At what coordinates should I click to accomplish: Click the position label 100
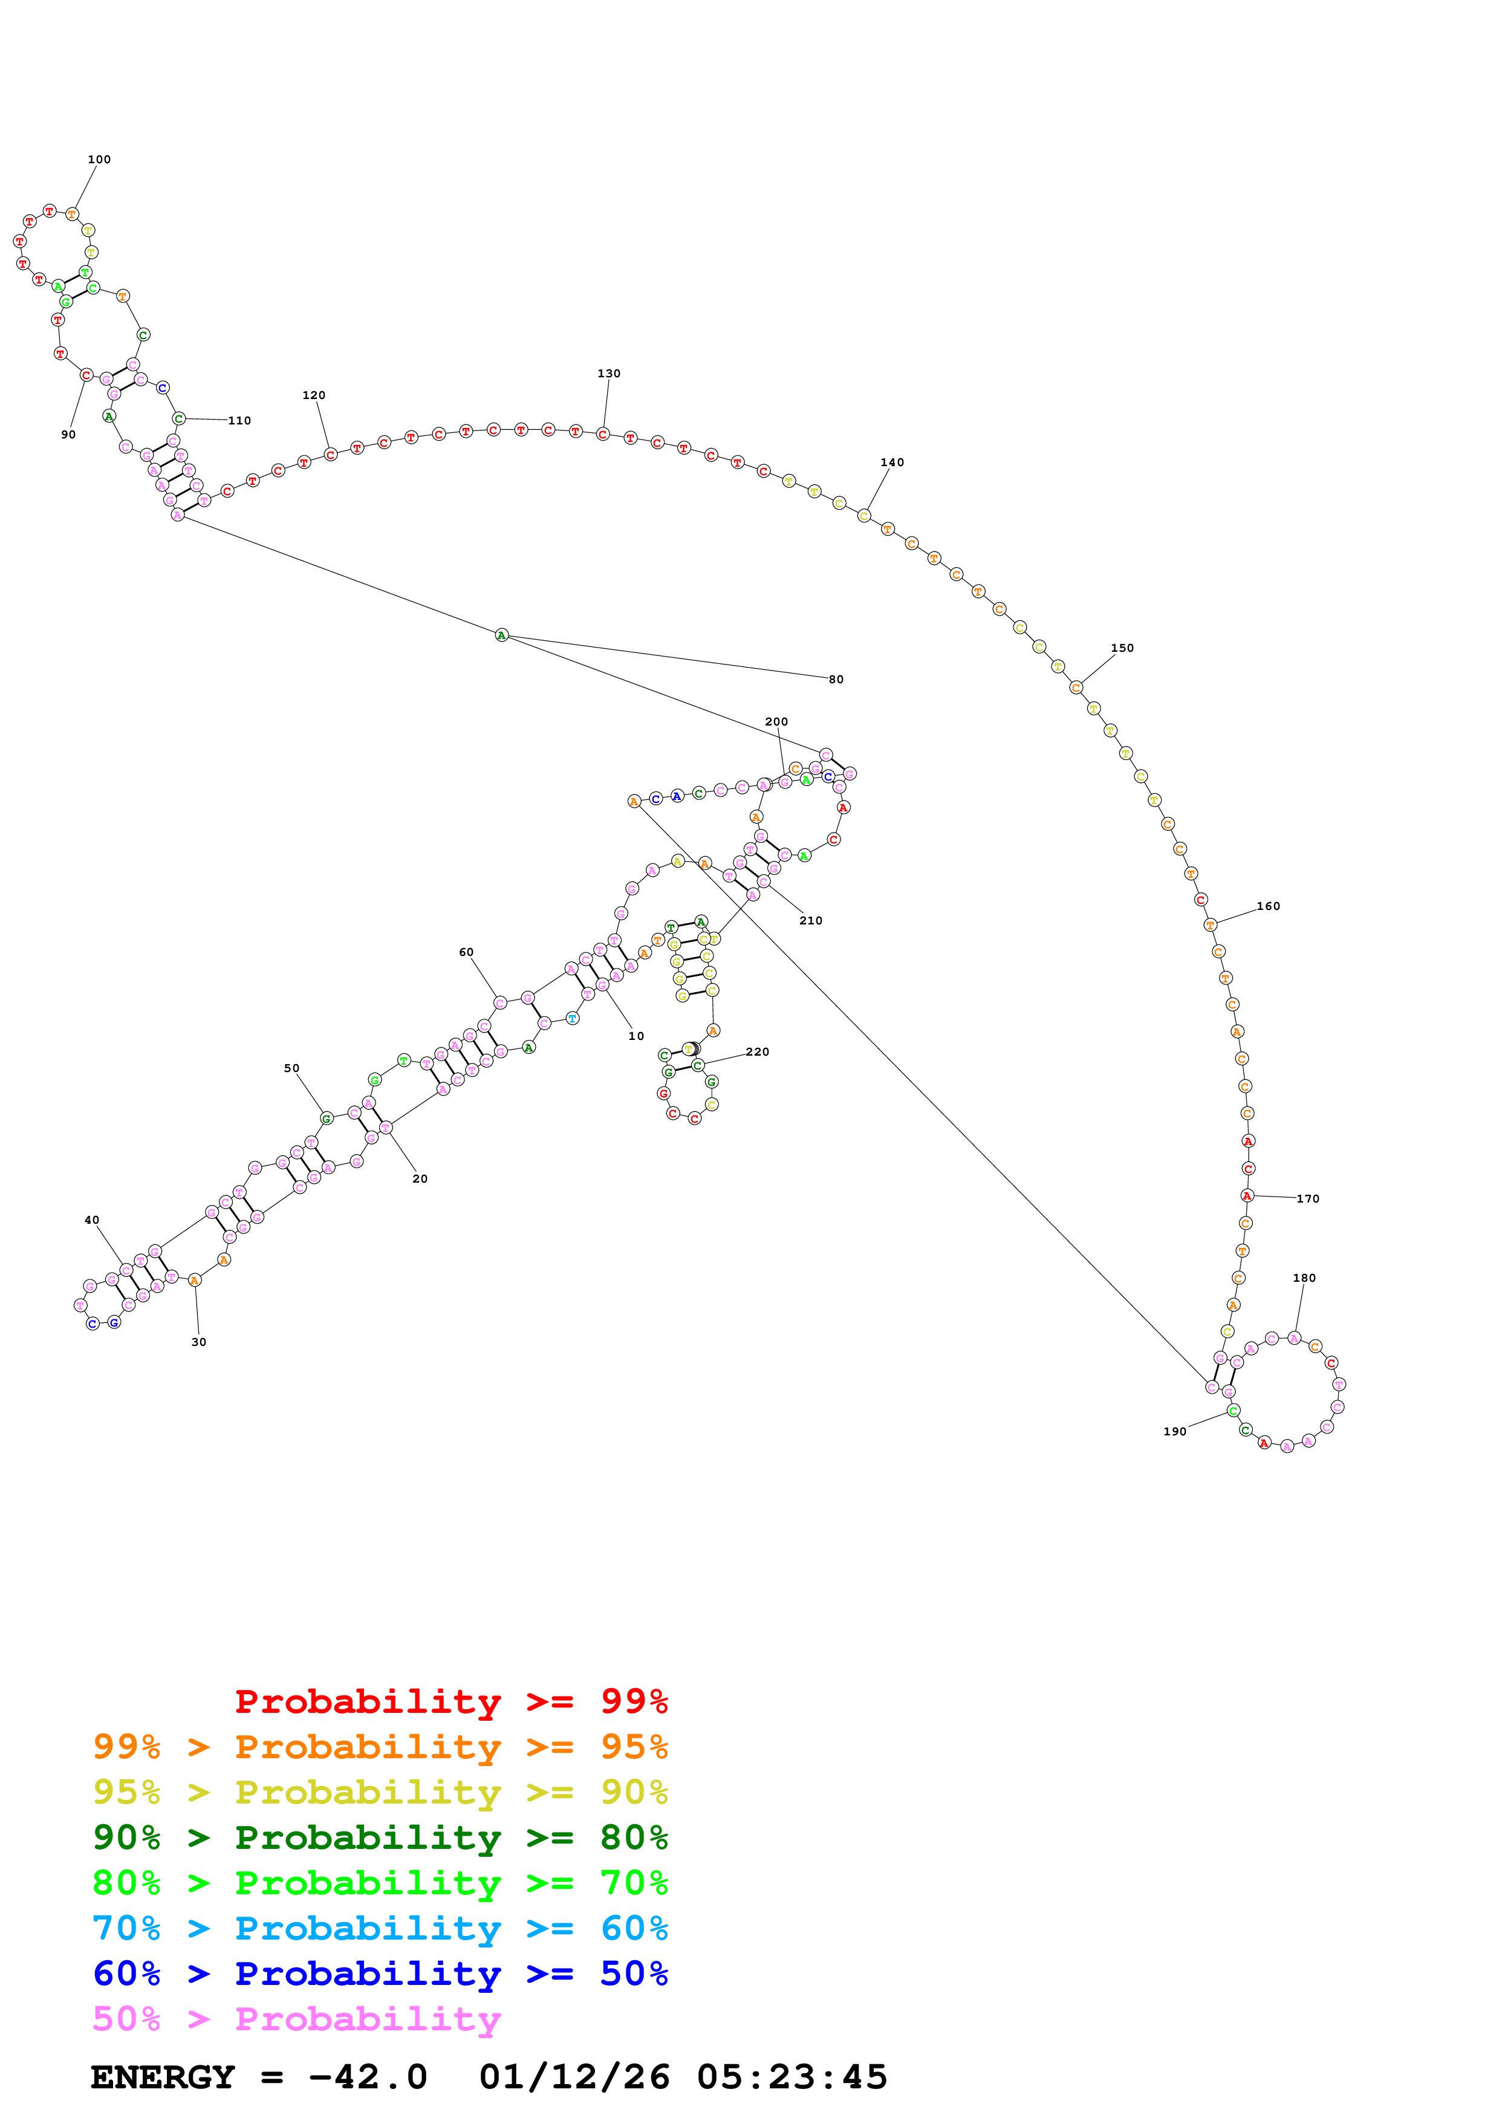coord(99,160)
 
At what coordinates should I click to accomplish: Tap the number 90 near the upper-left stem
coord(68,435)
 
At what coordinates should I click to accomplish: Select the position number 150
coord(1122,649)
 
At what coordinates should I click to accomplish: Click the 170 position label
coord(1308,1199)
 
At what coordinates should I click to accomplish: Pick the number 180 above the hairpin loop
coord(1304,1279)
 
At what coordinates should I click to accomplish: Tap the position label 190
coord(1175,1432)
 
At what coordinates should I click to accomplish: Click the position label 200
coord(777,723)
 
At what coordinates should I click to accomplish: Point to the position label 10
coord(636,1036)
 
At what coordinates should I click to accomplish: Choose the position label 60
coord(466,952)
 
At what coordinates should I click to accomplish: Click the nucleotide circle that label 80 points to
coord(501,635)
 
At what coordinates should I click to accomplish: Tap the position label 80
coord(836,680)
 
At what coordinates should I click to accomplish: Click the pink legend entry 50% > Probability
coord(296,2019)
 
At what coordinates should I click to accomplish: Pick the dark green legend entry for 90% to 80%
coord(380,1838)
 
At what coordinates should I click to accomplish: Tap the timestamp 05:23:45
coord(792,2077)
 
